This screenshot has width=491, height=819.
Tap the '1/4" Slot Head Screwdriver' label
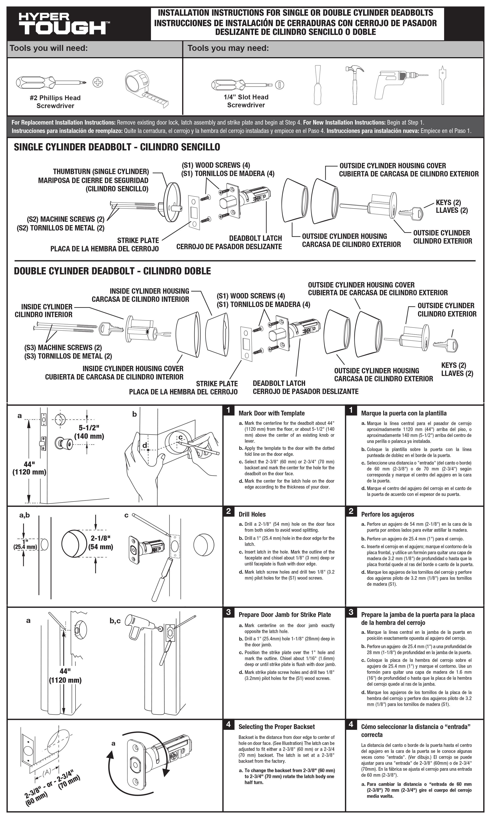pos(246,101)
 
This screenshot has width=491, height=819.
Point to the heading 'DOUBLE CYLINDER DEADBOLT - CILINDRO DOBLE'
pos(112,271)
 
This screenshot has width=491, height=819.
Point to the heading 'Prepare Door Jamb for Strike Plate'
pos(285,615)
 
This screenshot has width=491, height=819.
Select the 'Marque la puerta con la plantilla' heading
pos(404,413)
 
